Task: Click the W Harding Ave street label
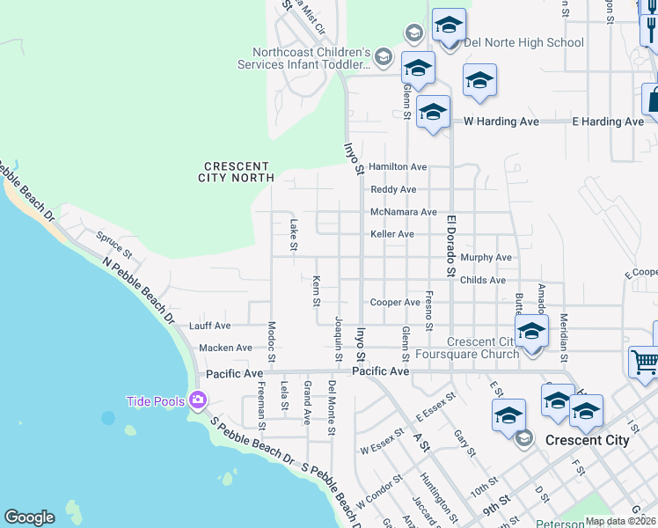pos(498,121)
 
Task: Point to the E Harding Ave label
pos(608,121)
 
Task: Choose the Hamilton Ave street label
pos(398,166)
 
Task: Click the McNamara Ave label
pos(403,212)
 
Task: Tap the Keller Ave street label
pos(392,234)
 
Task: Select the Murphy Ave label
pos(486,258)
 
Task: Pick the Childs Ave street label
pos(483,280)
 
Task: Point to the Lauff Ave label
pos(209,326)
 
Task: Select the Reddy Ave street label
pos(393,189)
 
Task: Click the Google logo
pos(29,517)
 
